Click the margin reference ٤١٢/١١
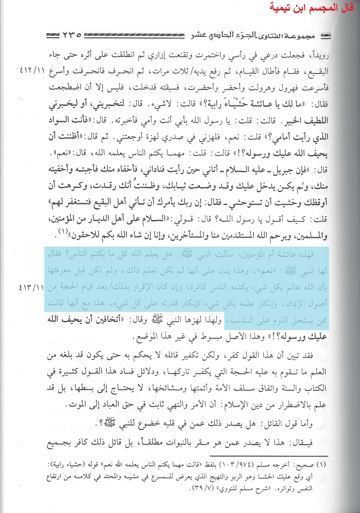click(x=32, y=72)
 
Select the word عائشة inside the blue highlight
click(x=282, y=255)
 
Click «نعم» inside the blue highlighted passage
click(x=270, y=271)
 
